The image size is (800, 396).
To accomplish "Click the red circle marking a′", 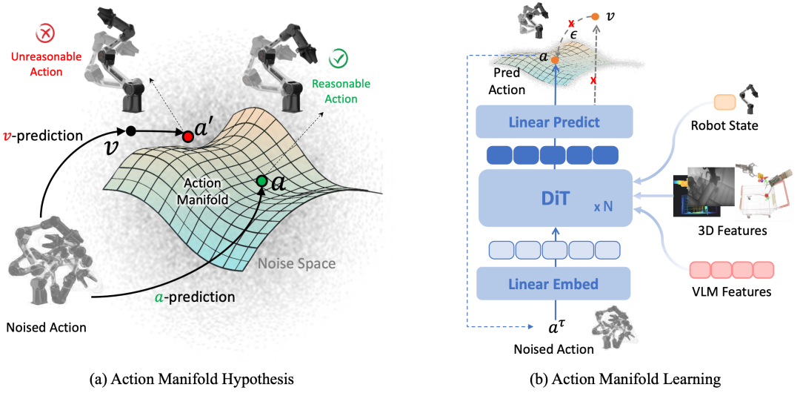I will click(x=187, y=137).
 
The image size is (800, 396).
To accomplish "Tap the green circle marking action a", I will click(x=261, y=181).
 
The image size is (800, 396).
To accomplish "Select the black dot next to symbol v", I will click(x=130, y=131).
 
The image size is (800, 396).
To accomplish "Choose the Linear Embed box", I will click(x=554, y=283).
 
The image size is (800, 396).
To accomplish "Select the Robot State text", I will click(x=723, y=125).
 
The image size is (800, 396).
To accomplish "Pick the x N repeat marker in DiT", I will click(x=602, y=206).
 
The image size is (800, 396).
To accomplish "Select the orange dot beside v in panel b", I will click(x=596, y=15).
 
